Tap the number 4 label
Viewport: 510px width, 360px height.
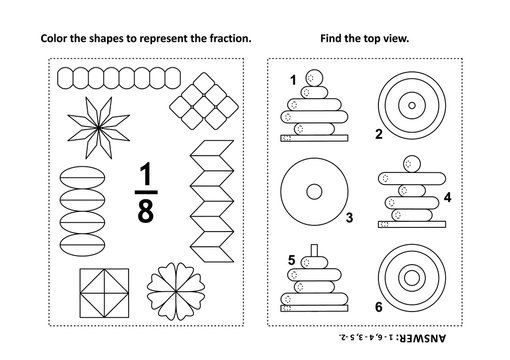click(x=448, y=198)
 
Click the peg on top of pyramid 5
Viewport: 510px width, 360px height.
click(x=313, y=249)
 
